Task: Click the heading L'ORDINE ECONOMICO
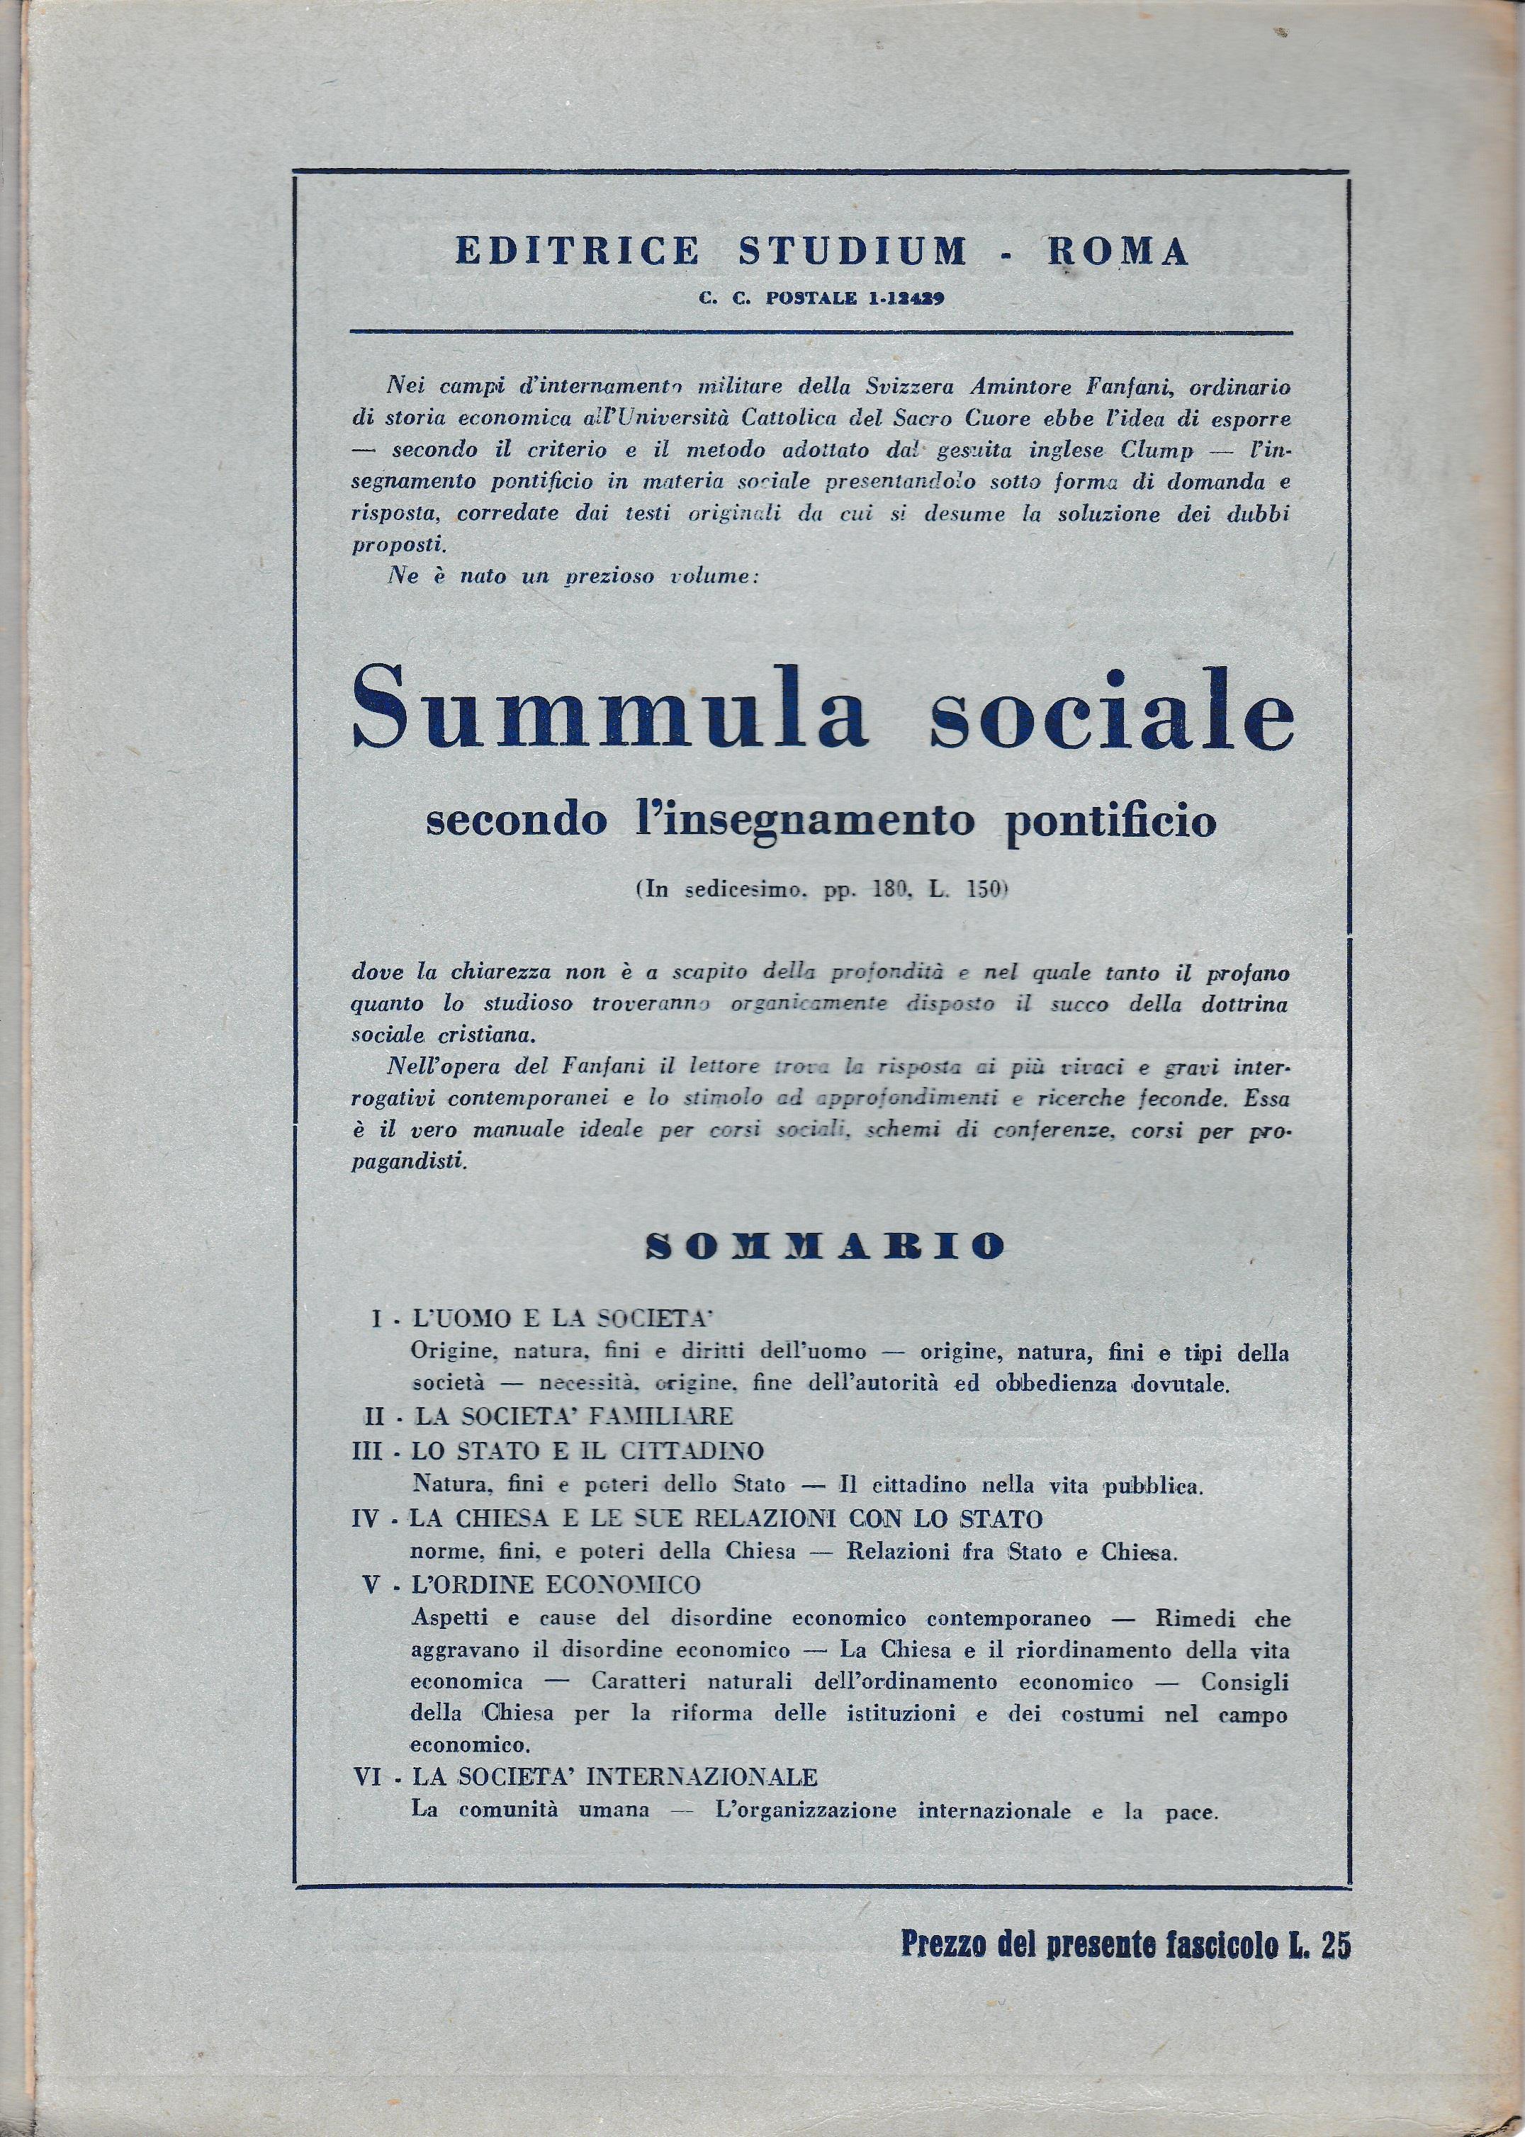point(556,1585)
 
